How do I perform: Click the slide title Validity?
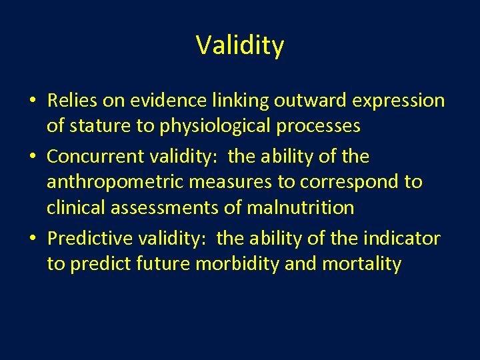pos(240,45)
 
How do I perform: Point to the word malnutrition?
pos(301,207)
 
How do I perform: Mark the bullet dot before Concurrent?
pos(33,157)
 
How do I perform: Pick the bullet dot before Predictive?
pos(33,239)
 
